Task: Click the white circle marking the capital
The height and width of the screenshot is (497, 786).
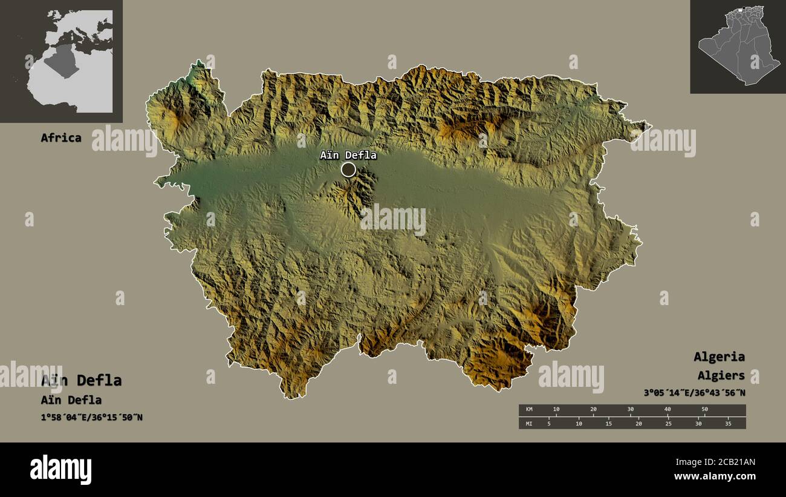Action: coord(348,170)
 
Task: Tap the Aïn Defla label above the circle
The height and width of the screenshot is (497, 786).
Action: coord(348,156)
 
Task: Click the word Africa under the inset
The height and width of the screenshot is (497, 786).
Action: coord(60,137)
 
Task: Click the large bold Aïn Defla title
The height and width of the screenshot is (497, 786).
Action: coord(81,380)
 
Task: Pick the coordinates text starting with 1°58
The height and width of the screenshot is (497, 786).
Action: coord(92,417)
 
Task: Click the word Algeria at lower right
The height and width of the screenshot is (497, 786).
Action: coord(719,357)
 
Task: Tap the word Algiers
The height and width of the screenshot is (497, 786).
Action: coord(721,376)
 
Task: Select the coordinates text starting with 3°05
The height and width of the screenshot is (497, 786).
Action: coord(694,392)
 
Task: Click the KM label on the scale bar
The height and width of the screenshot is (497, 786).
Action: coord(530,410)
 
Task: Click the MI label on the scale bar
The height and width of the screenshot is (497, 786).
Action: coord(530,423)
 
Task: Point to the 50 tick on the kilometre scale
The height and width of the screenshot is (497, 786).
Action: coord(704,410)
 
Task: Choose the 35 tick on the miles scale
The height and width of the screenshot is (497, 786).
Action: coord(728,423)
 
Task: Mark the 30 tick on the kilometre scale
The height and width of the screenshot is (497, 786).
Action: coord(630,410)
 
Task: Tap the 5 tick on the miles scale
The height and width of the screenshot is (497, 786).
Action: coord(549,423)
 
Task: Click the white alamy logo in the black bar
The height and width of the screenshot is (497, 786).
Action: coord(60,470)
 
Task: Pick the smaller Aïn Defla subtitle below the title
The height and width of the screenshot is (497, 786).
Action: coord(71,400)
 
